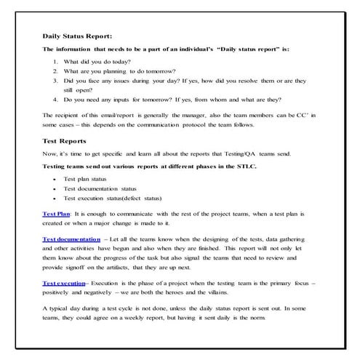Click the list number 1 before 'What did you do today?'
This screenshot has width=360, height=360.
click(56, 62)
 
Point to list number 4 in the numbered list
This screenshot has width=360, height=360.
click(56, 100)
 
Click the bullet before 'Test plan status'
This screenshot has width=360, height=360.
click(55, 178)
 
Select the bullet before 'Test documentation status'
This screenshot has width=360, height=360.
click(55, 188)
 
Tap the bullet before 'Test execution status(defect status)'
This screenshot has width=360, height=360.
click(55, 198)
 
